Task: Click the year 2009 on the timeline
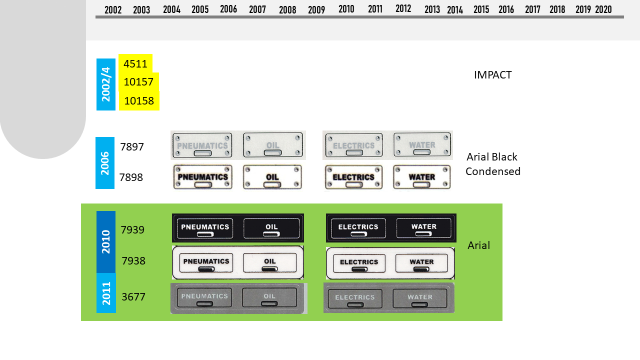[316, 9]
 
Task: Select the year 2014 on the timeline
[455, 9]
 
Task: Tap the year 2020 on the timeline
[603, 9]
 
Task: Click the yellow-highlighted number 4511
[135, 63]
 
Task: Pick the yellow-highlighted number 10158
[139, 101]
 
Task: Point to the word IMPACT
[492, 75]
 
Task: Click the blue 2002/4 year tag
[106, 84]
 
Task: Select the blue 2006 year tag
[105, 163]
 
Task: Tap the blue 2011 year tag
[106, 293]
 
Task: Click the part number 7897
[132, 147]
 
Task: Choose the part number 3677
[133, 297]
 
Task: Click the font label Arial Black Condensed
[492, 164]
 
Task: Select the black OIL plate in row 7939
[271, 228]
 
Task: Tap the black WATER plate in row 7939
[423, 228]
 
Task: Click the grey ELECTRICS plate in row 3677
[354, 298]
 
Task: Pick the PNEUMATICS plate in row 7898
[202, 177]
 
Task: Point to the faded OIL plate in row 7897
[273, 145]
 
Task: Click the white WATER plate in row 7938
[421, 263]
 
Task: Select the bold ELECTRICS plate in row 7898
[353, 177]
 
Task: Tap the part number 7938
[133, 260]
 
